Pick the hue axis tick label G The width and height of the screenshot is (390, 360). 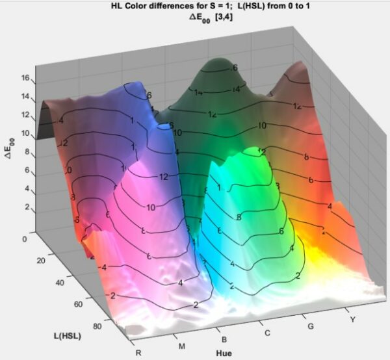311,326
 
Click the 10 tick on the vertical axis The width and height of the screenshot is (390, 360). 26,133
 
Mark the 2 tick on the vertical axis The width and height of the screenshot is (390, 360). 28,207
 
